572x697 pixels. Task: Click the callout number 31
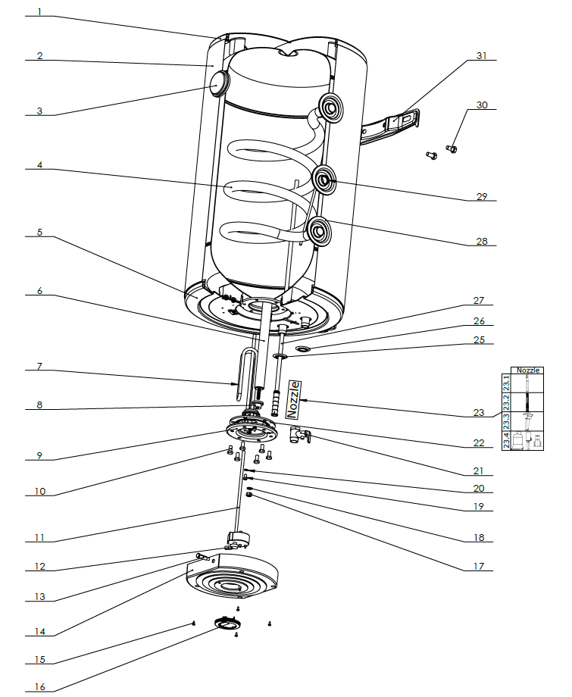tap(482, 55)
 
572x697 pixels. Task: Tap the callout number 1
tap(39, 13)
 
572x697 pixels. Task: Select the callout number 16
tap(39, 687)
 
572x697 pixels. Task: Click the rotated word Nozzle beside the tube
tap(293, 399)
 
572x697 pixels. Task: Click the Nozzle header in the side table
tap(528, 370)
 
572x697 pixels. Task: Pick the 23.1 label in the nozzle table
tap(505, 383)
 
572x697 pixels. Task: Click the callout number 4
tap(39, 166)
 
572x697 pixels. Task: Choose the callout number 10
tap(39, 492)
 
